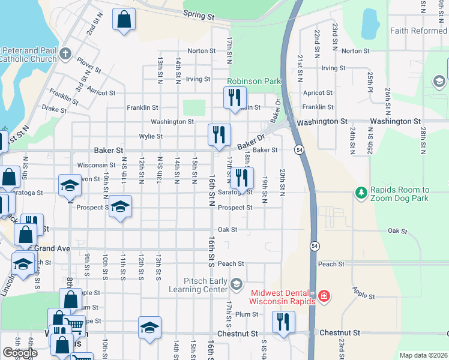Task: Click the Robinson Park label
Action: pos(254,80)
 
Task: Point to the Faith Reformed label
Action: pos(418,31)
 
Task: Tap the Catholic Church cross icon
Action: pos(66,55)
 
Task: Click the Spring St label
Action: pos(199,14)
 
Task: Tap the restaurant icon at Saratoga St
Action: pos(242,177)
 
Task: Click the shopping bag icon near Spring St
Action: pos(124,19)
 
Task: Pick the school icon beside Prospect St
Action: pos(121,207)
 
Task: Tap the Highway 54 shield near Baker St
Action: pos(298,149)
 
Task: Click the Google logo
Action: pos(19,352)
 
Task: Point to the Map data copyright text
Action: pos(423,355)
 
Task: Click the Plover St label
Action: pos(88,65)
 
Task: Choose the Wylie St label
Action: pos(151,136)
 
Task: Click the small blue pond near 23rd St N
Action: pos(370,25)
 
